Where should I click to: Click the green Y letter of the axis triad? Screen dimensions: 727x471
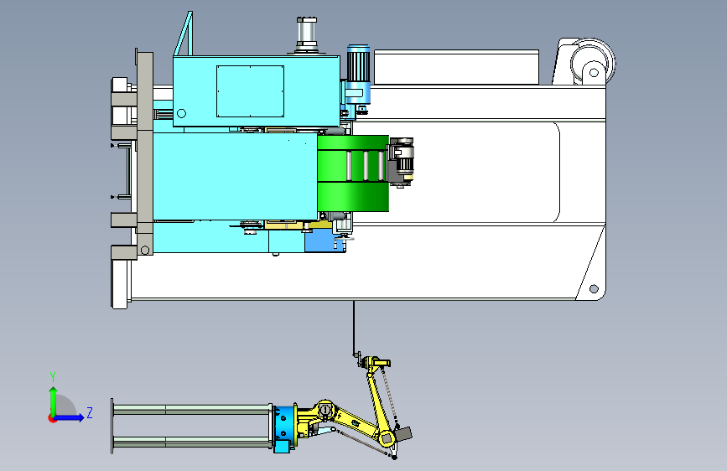click(53, 376)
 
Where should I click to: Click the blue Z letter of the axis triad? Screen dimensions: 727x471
click(90, 412)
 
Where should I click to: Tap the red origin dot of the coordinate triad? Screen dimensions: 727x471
click(52, 418)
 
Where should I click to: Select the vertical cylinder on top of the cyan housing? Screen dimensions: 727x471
click(306, 34)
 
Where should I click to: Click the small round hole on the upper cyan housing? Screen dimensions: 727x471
click(181, 113)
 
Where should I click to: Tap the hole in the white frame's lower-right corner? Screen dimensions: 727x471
click(594, 289)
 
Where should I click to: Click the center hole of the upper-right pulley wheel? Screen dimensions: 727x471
click(594, 72)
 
